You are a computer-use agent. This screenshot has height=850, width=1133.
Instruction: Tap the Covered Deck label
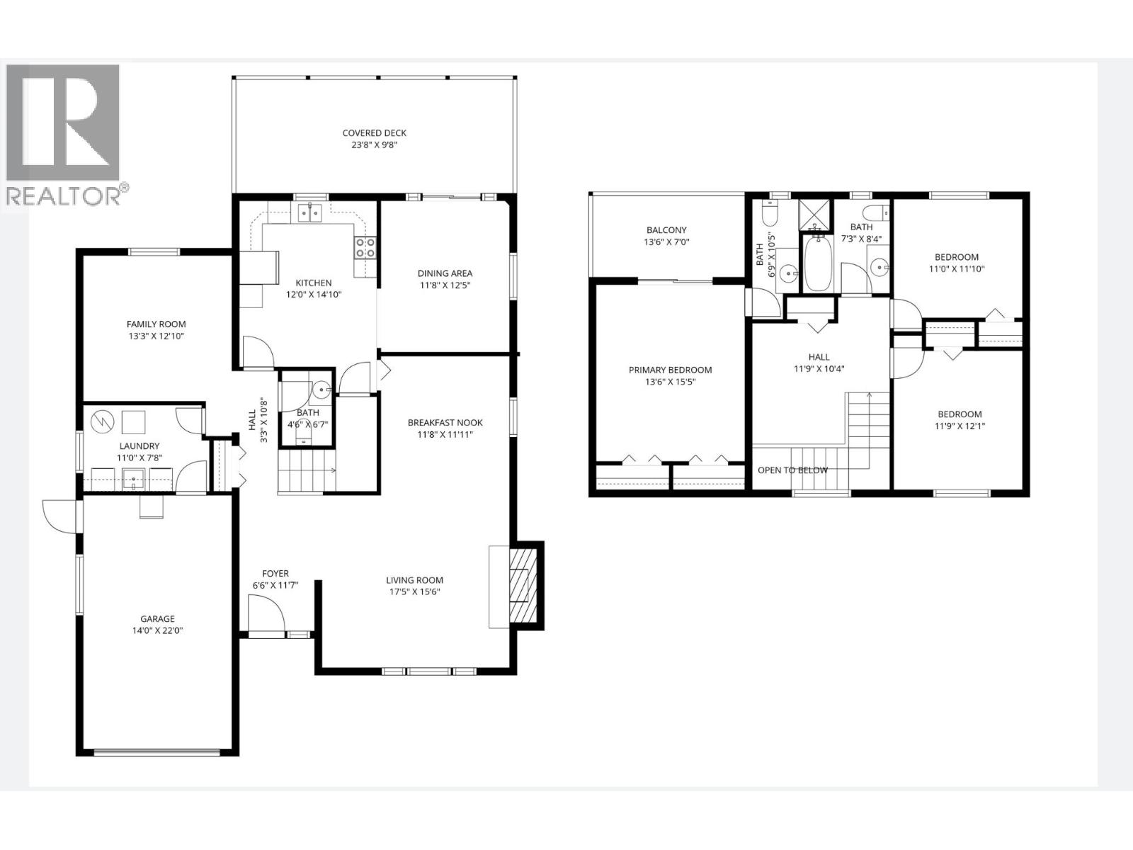374,133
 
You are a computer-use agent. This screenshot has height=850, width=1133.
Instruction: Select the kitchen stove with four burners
365,247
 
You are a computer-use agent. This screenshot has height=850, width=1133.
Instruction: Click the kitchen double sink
310,212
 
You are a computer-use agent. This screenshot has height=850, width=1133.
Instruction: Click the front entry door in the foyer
266,613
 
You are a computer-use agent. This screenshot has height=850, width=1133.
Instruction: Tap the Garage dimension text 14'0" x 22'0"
156,630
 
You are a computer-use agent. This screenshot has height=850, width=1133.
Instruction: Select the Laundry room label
139,446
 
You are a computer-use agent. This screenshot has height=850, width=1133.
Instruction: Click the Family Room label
156,324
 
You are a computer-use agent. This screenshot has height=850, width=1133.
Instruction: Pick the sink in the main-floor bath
321,389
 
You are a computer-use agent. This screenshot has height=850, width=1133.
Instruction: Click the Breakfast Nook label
445,423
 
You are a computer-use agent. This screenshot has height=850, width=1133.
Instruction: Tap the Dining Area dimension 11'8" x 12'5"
445,285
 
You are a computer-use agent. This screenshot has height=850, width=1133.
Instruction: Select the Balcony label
666,230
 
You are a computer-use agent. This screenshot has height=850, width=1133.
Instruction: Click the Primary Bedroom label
670,370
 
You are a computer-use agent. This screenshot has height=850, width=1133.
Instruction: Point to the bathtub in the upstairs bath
818,263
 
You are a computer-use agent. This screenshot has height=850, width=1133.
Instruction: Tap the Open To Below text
792,470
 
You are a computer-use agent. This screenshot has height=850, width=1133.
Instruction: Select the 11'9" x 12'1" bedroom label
960,426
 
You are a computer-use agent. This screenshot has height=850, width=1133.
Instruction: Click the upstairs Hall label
819,357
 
